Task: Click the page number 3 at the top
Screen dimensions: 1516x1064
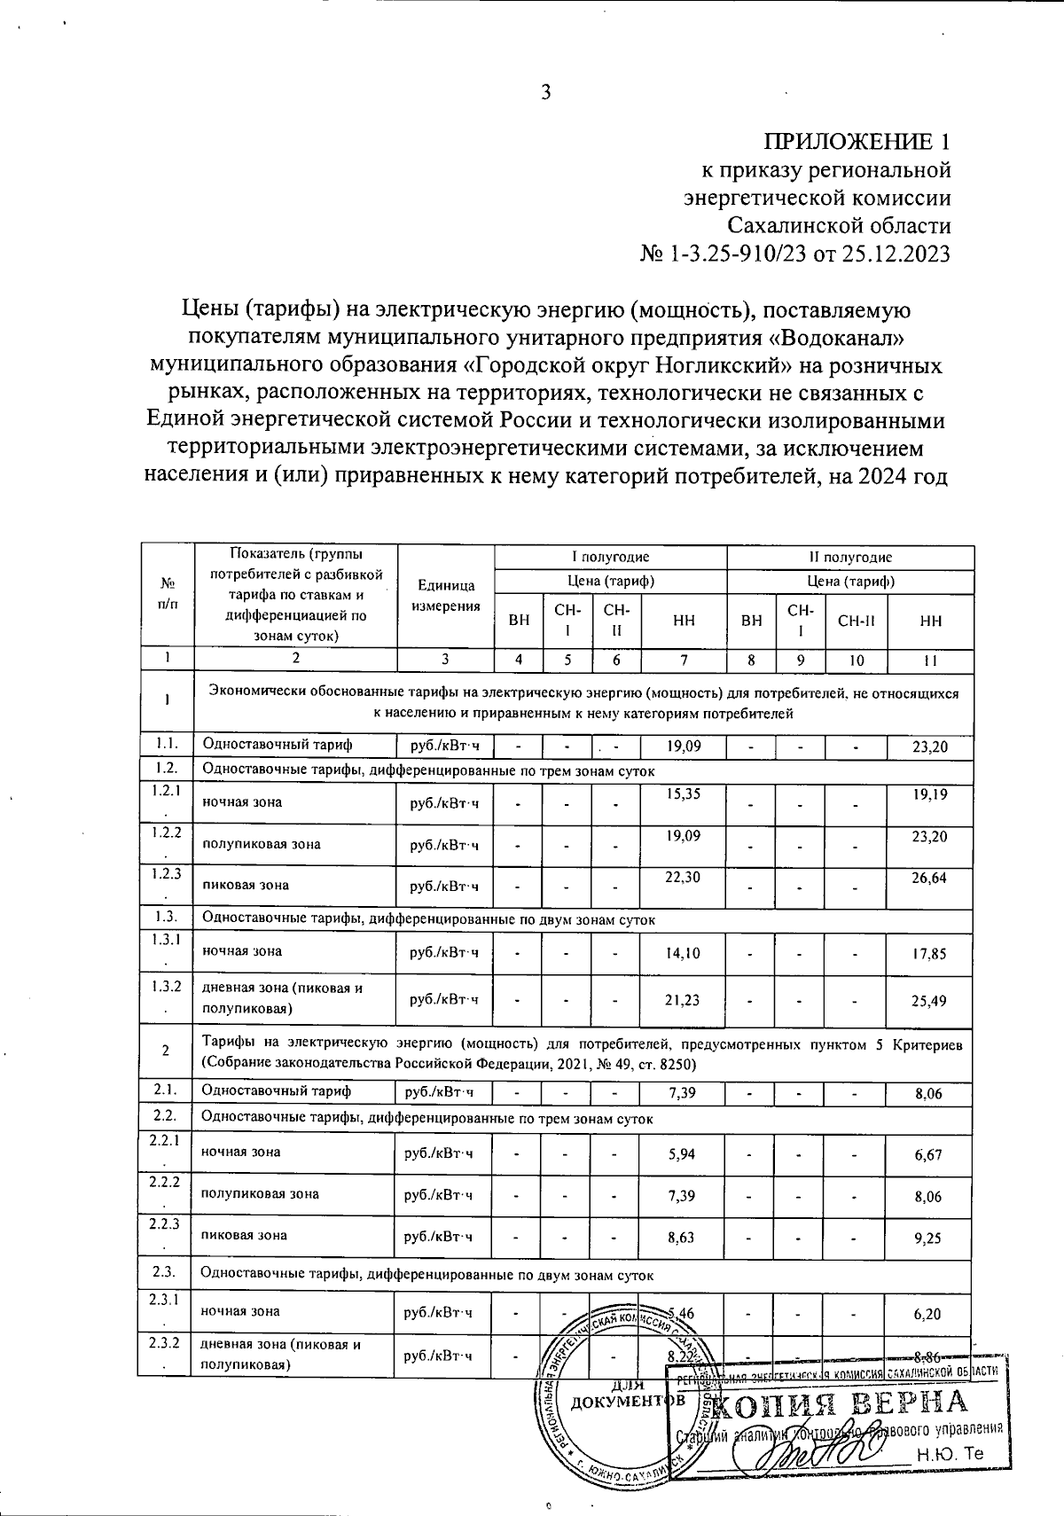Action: click(x=546, y=92)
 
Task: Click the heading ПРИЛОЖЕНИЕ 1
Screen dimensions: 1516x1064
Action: click(x=857, y=142)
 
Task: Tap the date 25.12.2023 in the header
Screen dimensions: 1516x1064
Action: click(x=897, y=254)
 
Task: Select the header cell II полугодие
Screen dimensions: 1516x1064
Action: click(x=849, y=557)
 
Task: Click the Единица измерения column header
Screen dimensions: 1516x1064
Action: click(x=445, y=596)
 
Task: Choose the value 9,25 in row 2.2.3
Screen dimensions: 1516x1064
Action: click(x=927, y=1238)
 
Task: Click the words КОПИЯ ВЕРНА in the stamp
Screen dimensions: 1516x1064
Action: click(x=838, y=1403)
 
